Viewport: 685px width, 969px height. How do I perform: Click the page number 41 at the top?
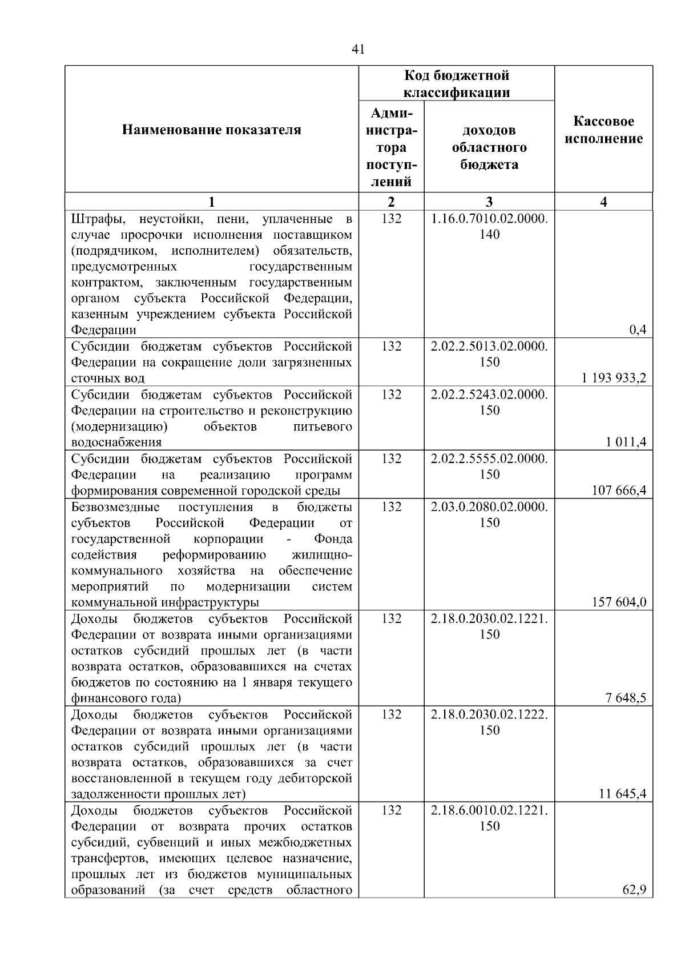[x=358, y=49]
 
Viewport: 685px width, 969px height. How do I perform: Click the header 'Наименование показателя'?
[x=211, y=130]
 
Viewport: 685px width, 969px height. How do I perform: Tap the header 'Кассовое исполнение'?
[x=603, y=130]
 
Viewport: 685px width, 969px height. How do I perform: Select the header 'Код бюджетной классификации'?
[x=457, y=84]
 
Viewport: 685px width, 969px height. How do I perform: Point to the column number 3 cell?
[x=489, y=202]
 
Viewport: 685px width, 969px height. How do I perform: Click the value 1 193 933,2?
[x=614, y=378]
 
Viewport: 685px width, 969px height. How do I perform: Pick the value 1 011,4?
[x=626, y=442]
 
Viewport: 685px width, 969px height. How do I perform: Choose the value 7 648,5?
[x=626, y=698]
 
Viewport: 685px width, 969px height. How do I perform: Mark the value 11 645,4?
[x=623, y=794]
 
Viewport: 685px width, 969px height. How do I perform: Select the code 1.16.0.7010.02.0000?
[x=489, y=219]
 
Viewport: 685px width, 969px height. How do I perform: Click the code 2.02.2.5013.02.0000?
[x=489, y=347]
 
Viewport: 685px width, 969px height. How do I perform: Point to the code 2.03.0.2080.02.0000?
[x=489, y=507]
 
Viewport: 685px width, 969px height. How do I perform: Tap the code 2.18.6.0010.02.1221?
[x=489, y=811]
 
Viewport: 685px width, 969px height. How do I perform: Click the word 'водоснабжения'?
[x=116, y=443]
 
